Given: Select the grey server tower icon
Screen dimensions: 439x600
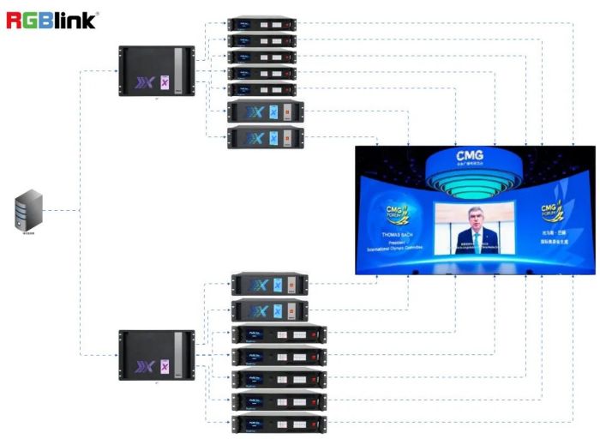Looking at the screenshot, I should click(x=29, y=211).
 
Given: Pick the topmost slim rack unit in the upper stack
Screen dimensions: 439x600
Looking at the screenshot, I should click(x=261, y=24).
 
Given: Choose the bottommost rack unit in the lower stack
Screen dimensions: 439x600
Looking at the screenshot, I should click(x=279, y=424).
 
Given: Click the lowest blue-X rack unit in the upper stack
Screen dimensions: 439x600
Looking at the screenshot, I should click(x=266, y=138).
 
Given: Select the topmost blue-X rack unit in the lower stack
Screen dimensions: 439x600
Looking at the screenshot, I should click(x=269, y=285).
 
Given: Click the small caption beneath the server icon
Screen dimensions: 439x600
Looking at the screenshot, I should click(x=29, y=233).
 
